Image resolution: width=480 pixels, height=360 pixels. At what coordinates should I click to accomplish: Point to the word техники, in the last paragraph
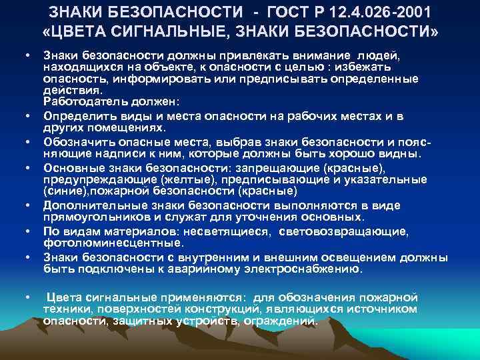(65, 310)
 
